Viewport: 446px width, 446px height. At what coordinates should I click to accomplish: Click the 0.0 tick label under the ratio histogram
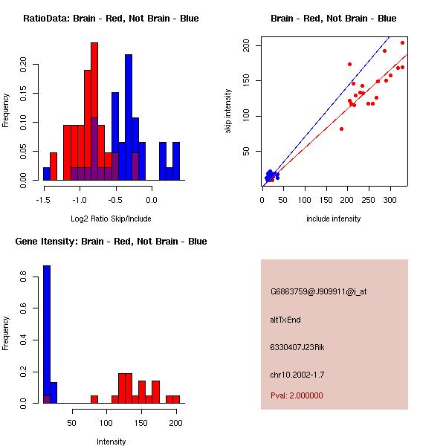(152, 200)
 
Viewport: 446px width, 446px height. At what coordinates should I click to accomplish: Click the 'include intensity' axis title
(334, 219)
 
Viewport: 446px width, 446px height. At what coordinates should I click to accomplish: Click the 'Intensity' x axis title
(111, 442)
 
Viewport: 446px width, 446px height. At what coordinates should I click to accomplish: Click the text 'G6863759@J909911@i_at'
(318, 292)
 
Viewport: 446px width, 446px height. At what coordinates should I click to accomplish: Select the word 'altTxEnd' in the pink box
(285, 320)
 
